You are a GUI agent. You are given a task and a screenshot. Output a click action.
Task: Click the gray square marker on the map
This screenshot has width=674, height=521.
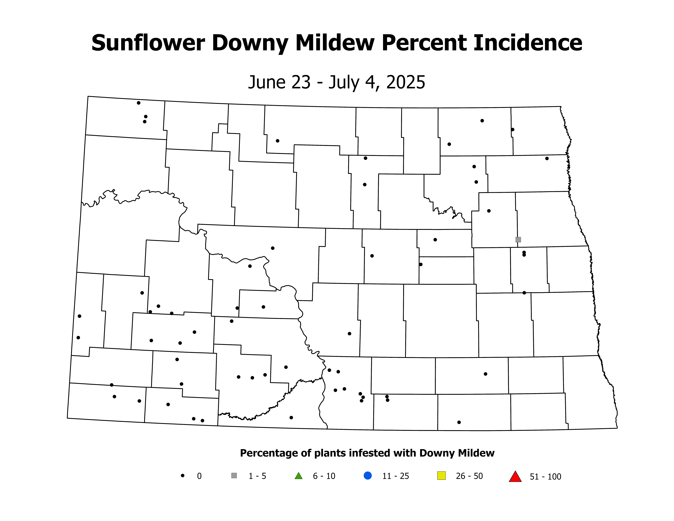(518, 240)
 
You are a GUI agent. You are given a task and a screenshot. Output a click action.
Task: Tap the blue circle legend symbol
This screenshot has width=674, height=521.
(368, 476)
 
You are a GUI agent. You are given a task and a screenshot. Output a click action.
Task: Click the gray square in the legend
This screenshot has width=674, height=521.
(234, 476)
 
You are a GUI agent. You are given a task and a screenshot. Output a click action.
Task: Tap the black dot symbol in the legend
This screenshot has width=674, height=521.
(183, 476)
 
